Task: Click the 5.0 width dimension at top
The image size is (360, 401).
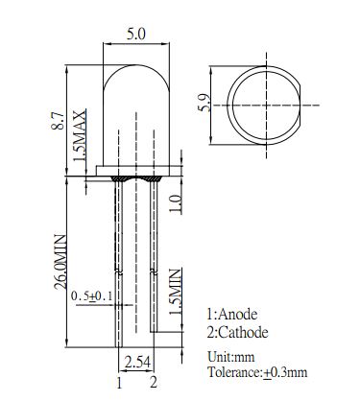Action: click(136, 35)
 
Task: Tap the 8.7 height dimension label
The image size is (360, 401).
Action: click(59, 120)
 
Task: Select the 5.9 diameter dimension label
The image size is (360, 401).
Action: click(204, 103)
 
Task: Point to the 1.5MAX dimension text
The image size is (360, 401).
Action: click(80, 135)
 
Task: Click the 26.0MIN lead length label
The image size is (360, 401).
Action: click(60, 262)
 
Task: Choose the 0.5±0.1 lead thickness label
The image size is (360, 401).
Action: click(91, 295)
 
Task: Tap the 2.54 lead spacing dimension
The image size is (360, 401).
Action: click(137, 363)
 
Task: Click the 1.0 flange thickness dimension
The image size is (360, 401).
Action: click(176, 203)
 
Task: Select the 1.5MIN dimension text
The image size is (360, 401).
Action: click(176, 292)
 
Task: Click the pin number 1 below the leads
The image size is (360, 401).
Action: click(119, 383)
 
